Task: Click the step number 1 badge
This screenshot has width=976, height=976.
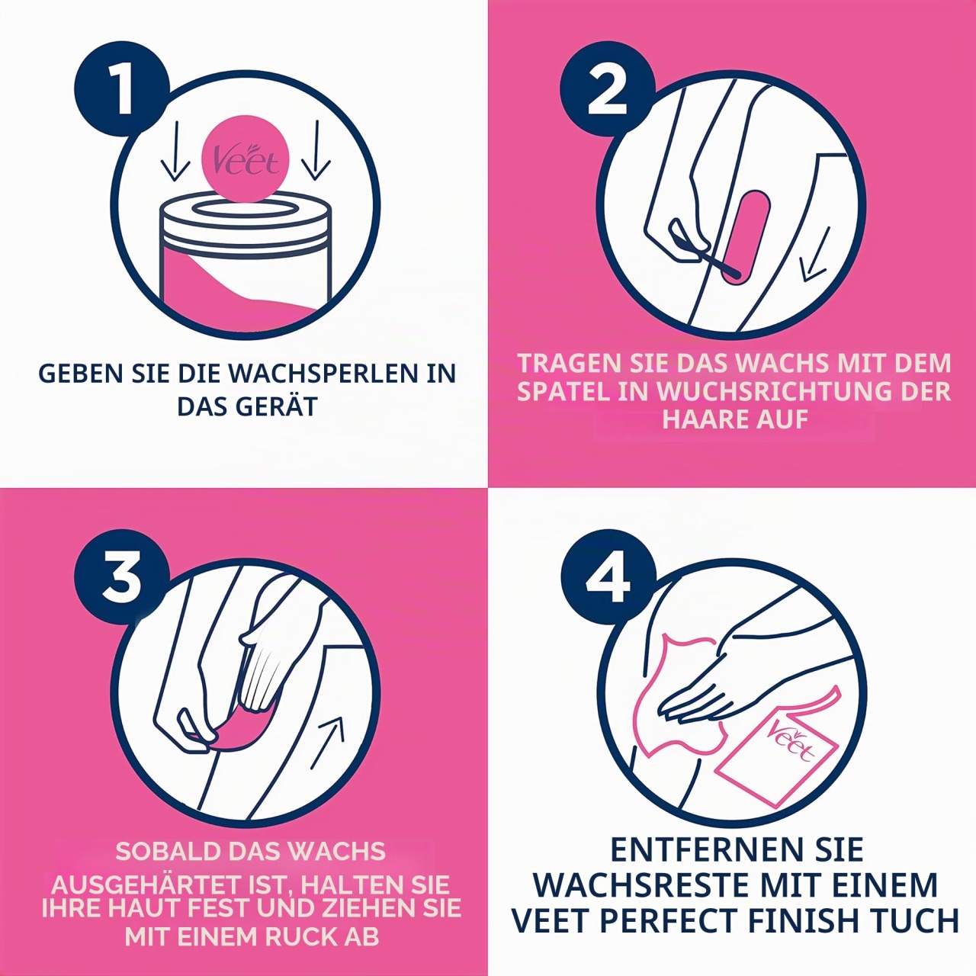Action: pyautogui.click(x=121, y=89)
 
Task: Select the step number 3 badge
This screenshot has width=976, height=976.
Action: pyautogui.click(x=121, y=576)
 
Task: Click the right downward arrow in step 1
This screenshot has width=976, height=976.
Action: pyautogui.click(x=316, y=150)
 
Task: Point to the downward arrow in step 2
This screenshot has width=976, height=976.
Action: pyautogui.click(x=816, y=254)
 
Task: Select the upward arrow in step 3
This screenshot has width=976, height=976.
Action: pyautogui.click(x=328, y=743)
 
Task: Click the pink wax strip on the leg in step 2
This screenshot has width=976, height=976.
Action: pyautogui.click(x=746, y=235)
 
